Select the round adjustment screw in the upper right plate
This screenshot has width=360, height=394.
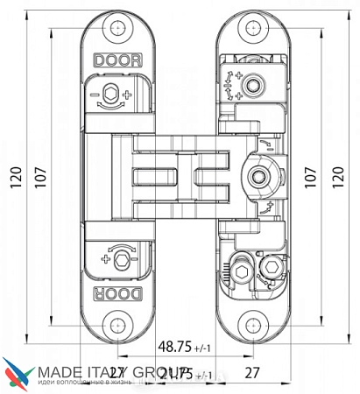[253, 86]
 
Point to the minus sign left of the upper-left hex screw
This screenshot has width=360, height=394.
[92, 95]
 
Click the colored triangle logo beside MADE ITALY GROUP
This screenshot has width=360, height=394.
[15, 375]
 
